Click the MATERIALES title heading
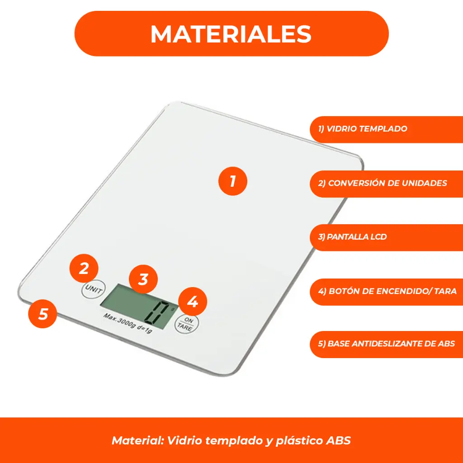231,34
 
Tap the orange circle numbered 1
233,181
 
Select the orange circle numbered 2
84,269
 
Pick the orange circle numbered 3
143,279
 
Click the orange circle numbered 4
193,302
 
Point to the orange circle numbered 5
43,313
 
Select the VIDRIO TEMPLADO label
362,129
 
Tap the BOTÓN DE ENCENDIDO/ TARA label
387,291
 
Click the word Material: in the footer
138,440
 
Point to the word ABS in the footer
339,440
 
